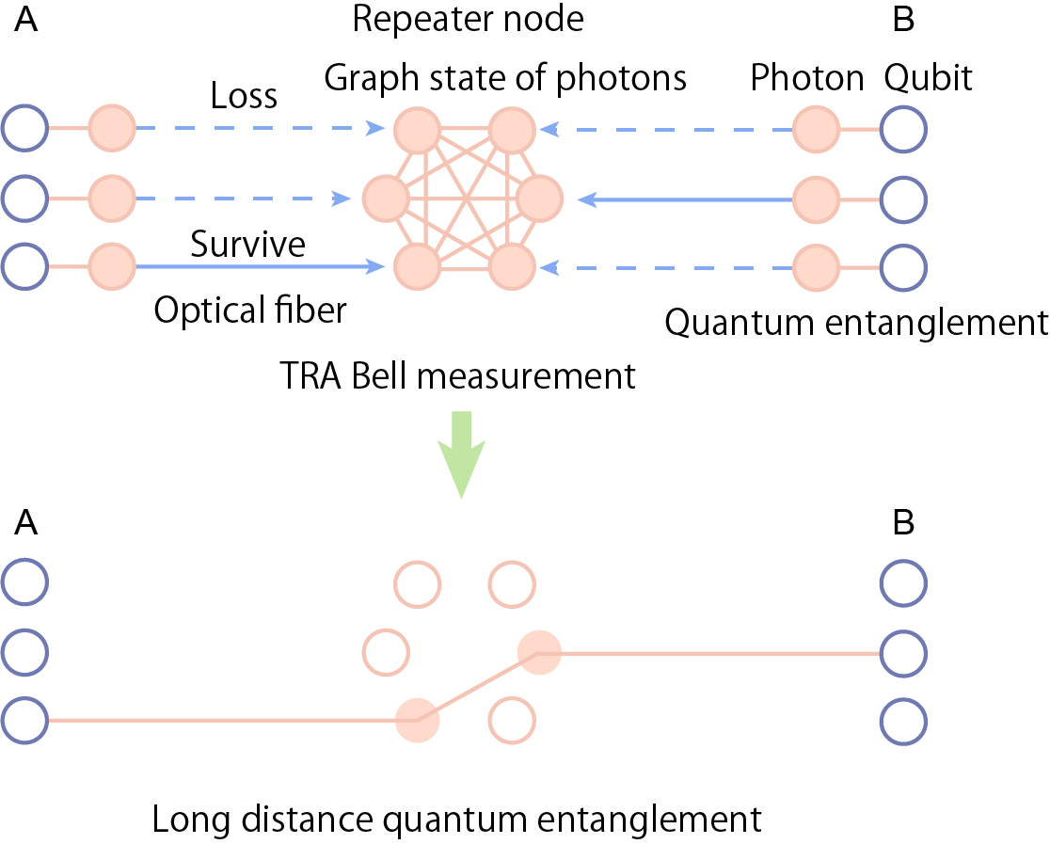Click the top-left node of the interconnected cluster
point(418,130)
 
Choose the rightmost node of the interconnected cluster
point(539,199)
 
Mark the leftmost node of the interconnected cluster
point(386,199)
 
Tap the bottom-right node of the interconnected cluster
point(512,267)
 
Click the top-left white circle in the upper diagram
point(24,128)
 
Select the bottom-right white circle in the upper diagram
point(903,268)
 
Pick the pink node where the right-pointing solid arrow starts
point(112,266)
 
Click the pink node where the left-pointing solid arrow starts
point(816,199)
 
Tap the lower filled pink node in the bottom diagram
point(418,721)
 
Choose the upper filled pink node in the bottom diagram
point(539,653)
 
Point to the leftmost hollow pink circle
point(386,653)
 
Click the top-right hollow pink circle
point(512,584)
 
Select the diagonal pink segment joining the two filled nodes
point(478,687)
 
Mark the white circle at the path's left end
point(24,721)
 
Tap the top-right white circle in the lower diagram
point(903,583)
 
